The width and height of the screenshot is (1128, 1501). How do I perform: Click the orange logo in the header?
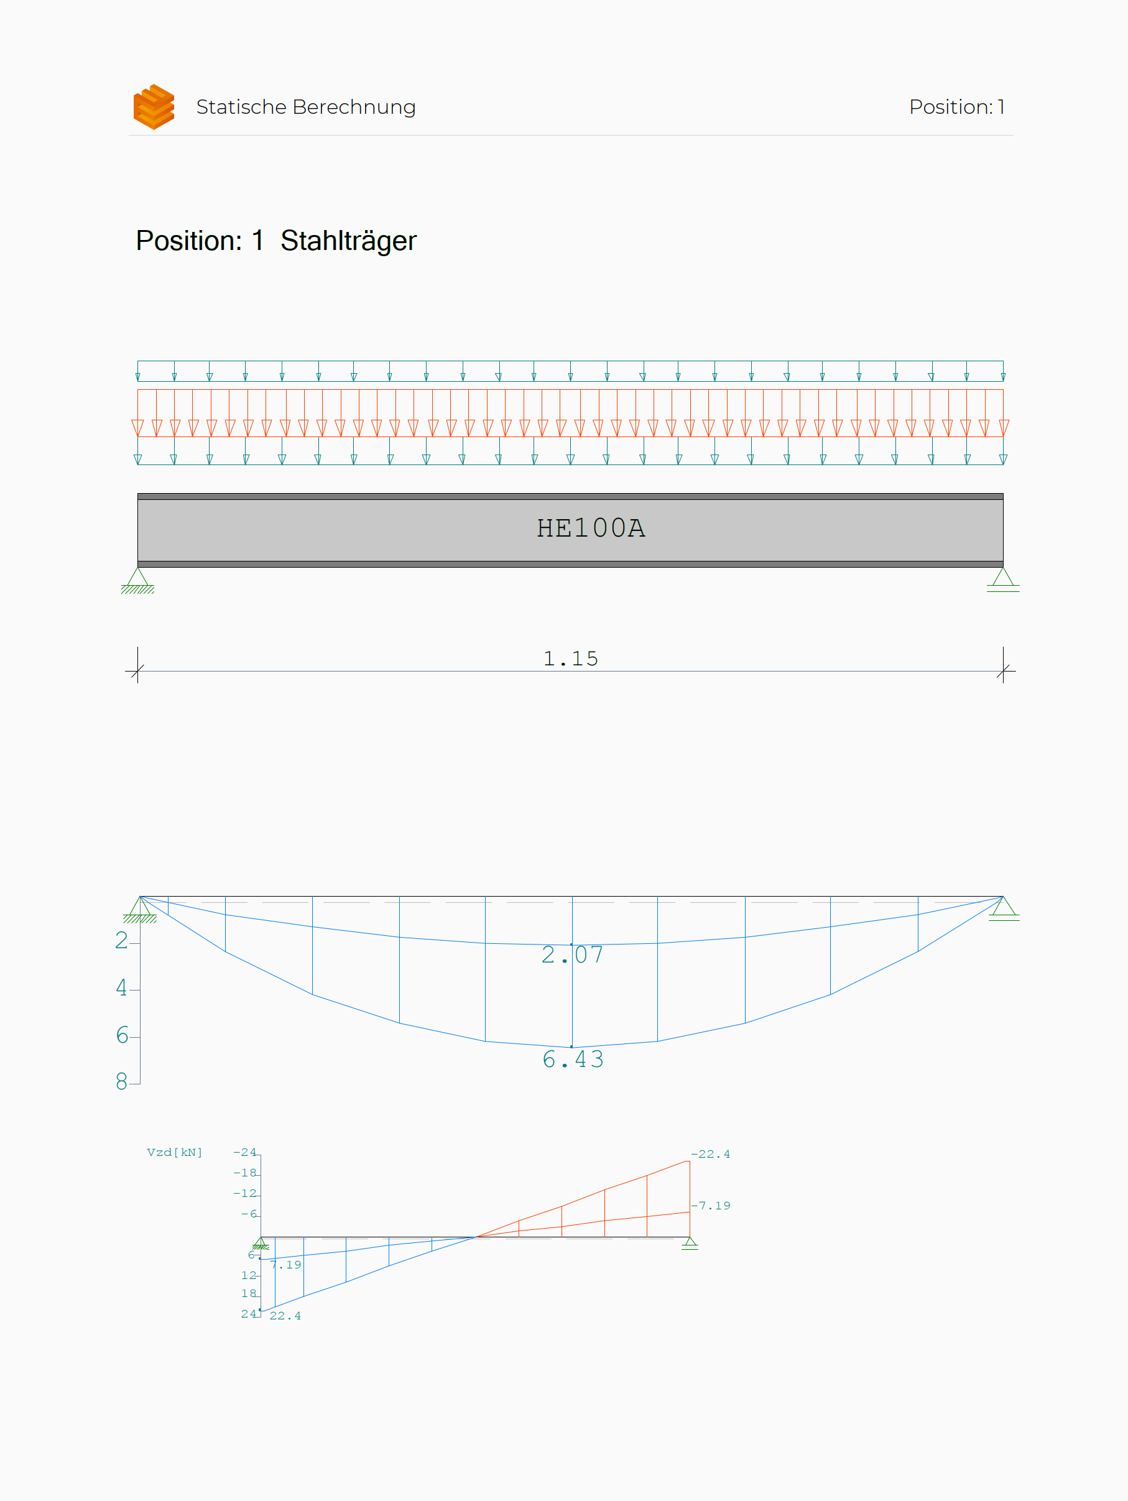pyautogui.click(x=154, y=106)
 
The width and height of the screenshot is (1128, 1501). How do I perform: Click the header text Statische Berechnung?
pyautogui.click(x=305, y=107)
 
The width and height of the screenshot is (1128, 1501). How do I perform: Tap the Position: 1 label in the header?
pyautogui.click(x=956, y=107)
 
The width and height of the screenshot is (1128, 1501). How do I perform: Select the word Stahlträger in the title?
pyautogui.click(x=348, y=241)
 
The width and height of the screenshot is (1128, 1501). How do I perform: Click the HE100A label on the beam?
pyautogui.click(x=591, y=528)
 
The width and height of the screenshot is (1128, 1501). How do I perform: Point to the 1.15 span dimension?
pyautogui.click(x=571, y=659)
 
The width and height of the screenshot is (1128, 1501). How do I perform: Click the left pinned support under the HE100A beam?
pyautogui.click(x=138, y=580)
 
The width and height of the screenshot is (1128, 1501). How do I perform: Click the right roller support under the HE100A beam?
pyautogui.click(x=1003, y=580)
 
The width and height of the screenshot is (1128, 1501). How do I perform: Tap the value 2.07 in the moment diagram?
pyautogui.click(x=572, y=954)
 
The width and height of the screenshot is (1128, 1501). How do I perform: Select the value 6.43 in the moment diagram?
pyautogui.click(x=573, y=1060)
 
